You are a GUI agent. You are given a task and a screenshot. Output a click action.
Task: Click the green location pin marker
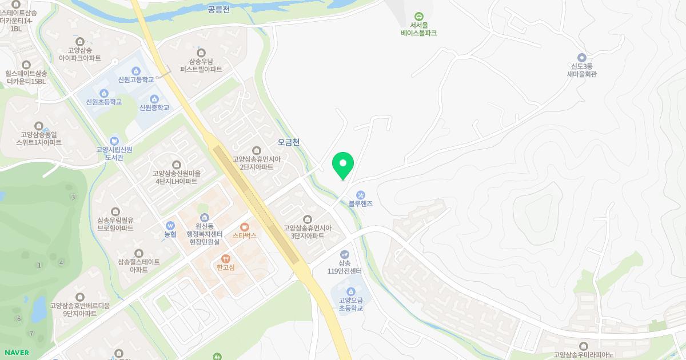click(x=343, y=165)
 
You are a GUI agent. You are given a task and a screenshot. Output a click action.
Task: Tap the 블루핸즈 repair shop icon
click(x=360, y=195)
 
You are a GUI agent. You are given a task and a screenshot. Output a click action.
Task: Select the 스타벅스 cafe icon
click(x=245, y=227)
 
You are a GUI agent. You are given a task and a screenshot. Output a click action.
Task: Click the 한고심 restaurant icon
click(x=226, y=259)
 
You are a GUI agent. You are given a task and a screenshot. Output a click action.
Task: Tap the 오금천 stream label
click(x=288, y=142)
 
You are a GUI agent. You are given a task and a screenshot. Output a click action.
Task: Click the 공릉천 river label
click(x=218, y=9)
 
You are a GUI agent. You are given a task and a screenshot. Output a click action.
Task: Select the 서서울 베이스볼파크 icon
click(x=418, y=17)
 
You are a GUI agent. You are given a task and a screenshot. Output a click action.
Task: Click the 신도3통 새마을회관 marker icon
click(x=581, y=57)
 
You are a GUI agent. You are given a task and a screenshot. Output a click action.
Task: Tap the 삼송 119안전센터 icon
click(x=344, y=254)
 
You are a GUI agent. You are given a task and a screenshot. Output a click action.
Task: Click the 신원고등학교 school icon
click(x=136, y=71)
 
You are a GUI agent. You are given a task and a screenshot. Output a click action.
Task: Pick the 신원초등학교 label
click(x=104, y=102)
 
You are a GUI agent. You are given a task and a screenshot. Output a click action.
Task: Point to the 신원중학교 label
click(x=154, y=107)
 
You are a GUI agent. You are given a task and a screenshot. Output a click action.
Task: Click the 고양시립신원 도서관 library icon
click(x=114, y=141)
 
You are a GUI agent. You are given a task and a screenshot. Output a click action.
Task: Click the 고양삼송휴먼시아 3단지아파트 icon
click(x=308, y=219)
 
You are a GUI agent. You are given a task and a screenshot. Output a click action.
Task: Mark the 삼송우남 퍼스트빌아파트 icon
click(x=201, y=53)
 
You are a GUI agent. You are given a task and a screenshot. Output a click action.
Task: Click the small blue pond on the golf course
click(x=39, y=309)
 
